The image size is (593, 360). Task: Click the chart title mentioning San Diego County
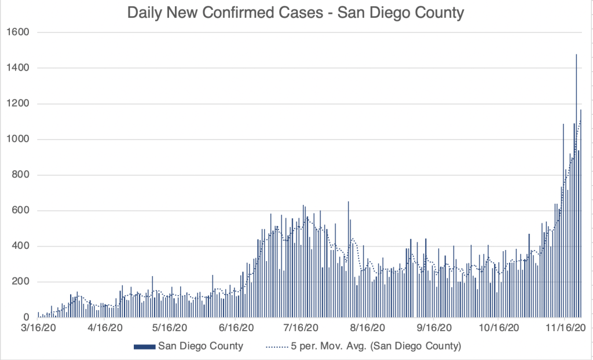(296, 13)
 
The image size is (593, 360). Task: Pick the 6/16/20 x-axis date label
(235, 327)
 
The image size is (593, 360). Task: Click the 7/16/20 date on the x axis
(301, 327)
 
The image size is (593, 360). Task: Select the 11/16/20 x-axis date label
(565, 327)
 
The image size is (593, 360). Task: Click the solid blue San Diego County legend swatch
(145, 347)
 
